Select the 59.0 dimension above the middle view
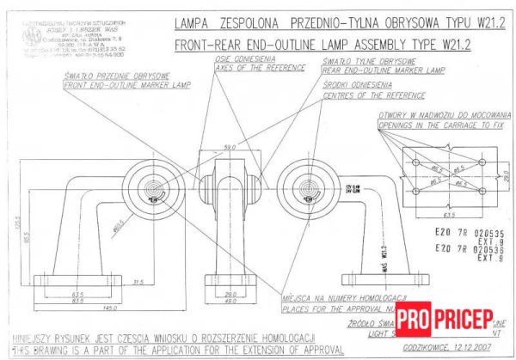(230, 148)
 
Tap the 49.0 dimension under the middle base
(230, 302)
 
